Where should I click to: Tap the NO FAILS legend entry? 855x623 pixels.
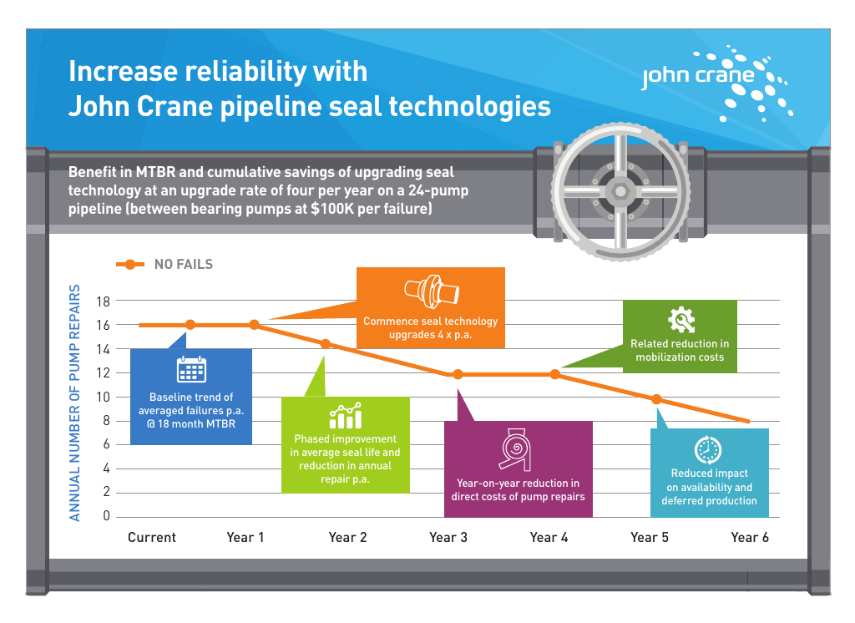(183, 265)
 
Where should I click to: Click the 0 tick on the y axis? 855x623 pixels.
(105, 516)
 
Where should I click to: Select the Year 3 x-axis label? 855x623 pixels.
(448, 537)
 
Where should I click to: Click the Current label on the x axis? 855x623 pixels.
(152, 537)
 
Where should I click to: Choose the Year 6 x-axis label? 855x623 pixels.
(749, 537)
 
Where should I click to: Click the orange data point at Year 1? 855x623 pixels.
(254, 325)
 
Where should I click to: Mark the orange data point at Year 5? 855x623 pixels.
(656, 399)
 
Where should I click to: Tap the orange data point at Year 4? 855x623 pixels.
(555, 374)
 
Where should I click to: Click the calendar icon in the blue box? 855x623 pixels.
(191, 370)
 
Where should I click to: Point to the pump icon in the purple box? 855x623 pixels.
(518, 451)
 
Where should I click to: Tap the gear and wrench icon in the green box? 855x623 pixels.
(680, 320)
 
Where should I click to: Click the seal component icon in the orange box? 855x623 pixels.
(431, 291)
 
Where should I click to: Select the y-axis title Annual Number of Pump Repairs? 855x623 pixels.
(75, 403)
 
